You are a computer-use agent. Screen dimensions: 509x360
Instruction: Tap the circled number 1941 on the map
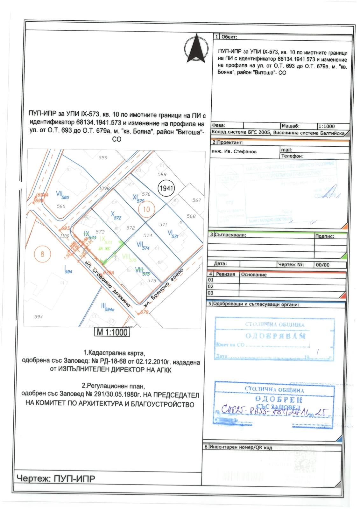tap(166, 188)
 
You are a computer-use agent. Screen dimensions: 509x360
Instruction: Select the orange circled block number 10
tap(146, 209)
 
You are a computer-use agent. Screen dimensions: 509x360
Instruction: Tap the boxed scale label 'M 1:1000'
tap(112, 332)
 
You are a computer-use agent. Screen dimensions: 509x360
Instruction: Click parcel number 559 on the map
tap(103, 158)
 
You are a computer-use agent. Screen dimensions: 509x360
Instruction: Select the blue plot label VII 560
tap(62, 195)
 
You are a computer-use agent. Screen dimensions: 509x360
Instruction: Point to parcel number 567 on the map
tap(197, 200)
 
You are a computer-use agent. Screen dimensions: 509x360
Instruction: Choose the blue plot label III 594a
tap(107, 307)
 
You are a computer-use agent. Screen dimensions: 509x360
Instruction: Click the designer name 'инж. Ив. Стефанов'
tap(234, 151)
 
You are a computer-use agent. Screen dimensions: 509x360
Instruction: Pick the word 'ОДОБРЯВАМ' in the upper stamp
tap(276, 336)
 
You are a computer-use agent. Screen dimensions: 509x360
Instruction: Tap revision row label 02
tap(210, 287)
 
